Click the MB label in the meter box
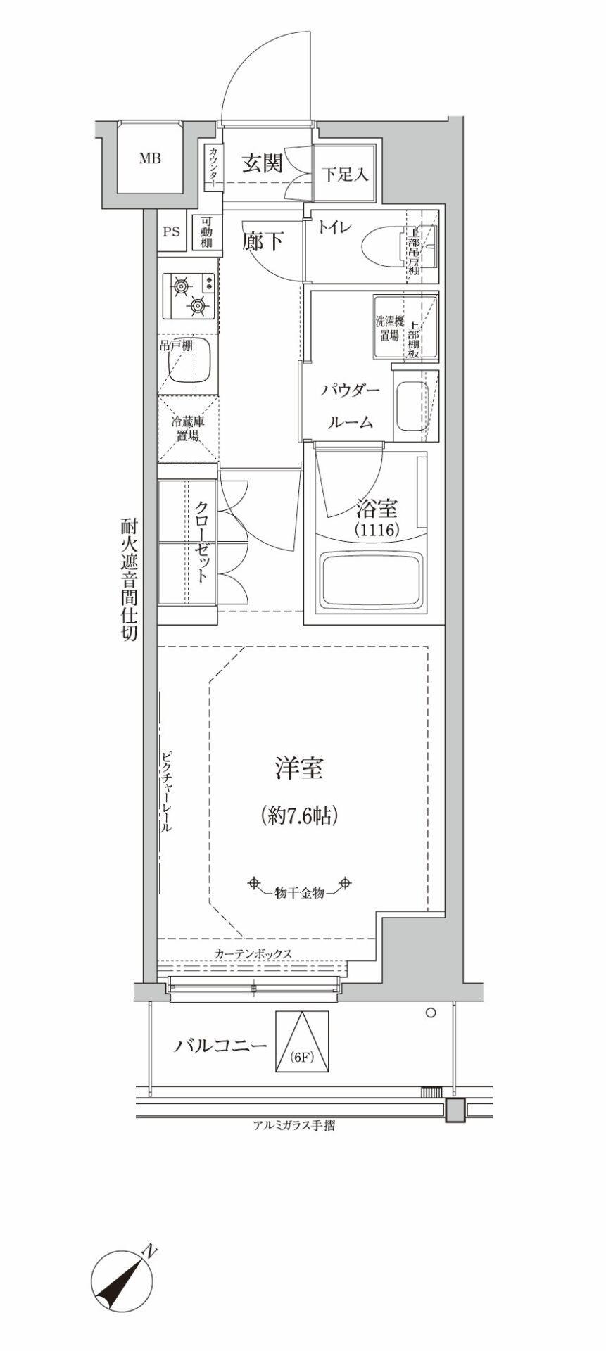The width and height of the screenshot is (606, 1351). pos(149,158)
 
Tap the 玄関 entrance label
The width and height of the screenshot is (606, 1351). pos(263,163)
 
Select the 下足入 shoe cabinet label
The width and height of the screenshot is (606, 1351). pos(345,174)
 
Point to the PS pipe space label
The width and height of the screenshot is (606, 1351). pos(171,231)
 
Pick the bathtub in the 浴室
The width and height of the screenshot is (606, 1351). pos(372,579)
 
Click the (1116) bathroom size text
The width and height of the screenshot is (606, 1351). pos(376,528)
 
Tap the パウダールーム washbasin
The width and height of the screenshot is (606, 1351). pos(410,406)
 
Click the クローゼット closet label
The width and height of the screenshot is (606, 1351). pos(201,541)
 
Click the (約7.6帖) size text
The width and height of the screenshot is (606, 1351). pos(299,816)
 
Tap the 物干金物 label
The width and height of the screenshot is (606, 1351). pos(299,893)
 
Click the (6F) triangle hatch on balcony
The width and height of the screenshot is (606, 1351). pos(302,1041)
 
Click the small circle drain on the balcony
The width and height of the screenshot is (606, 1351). pos(431,1013)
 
